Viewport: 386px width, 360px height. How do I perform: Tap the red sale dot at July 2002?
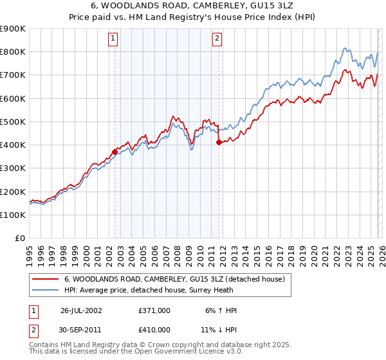[x=115, y=152]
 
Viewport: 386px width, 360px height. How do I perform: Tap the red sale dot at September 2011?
[x=219, y=143]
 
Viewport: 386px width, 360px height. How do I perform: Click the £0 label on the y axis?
[x=19, y=238]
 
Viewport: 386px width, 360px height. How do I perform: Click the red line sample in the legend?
[x=46, y=279]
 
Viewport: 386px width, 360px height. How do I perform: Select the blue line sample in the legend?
[x=46, y=290]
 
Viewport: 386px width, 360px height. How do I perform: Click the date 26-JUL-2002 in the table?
[x=81, y=310]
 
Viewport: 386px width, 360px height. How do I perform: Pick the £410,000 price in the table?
[x=154, y=329]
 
